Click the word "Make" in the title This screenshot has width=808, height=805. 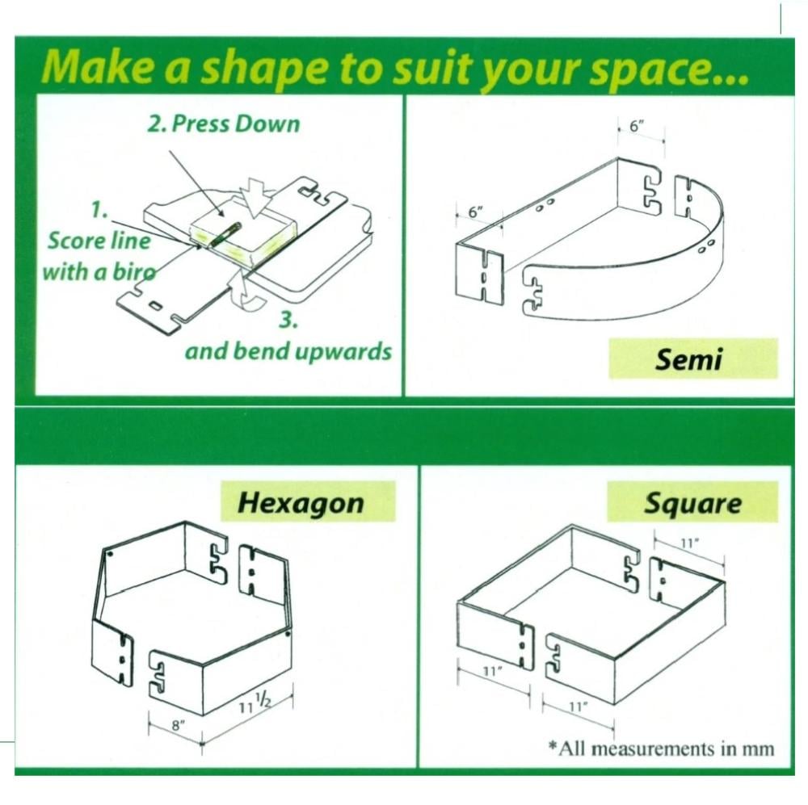98,67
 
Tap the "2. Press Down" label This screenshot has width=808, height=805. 224,124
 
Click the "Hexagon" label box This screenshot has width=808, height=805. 308,502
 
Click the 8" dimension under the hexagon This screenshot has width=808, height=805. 177,726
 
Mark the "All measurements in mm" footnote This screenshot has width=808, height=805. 661,748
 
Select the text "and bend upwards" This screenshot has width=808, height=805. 288,351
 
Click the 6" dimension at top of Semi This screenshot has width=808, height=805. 637,126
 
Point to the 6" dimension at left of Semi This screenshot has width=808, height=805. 476,212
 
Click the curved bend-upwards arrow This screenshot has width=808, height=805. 248,295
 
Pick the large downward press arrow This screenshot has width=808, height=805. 257,197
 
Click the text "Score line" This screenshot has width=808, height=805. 99,241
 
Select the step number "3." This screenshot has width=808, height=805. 288,320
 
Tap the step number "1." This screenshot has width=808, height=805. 99,210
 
